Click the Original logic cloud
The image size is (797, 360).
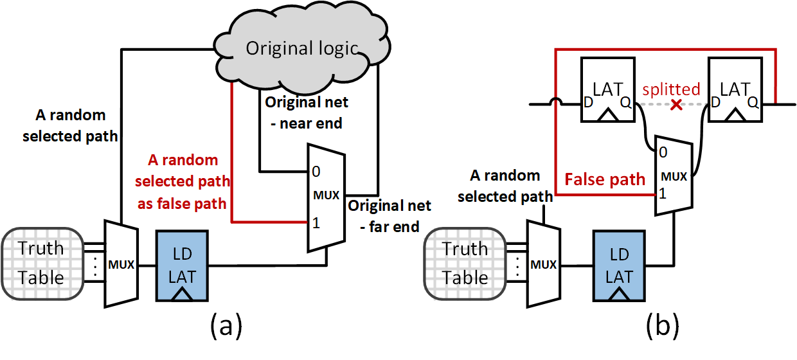pyautogui.click(x=302, y=48)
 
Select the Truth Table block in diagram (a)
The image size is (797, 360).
pyautogui.click(x=41, y=263)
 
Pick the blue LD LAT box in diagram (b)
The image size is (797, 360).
pyautogui.click(x=620, y=263)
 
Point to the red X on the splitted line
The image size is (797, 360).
pyautogui.click(x=676, y=104)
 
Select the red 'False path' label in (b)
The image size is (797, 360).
pyautogui.click(x=604, y=179)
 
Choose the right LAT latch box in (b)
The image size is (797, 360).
pyautogui.click(x=733, y=89)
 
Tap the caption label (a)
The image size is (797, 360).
pyautogui.click(x=226, y=327)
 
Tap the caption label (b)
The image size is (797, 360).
pyautogui.click(x=662, y=327)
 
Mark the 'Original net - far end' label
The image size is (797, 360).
pyautogui.click(x=390, y=217)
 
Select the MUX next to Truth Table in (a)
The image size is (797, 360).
pyautogui.click(x=121, y=263)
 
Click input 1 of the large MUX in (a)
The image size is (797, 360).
pyautogui.click(x=315, y=223)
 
